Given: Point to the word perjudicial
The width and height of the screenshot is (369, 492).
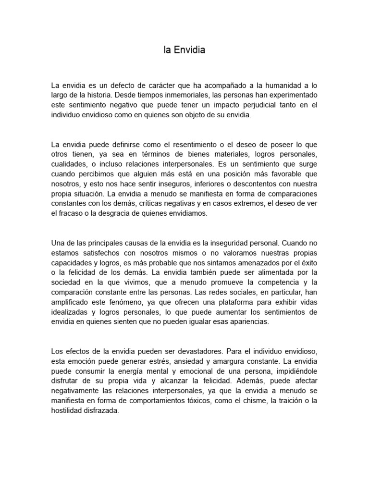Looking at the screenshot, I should click(x=256, y=104).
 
